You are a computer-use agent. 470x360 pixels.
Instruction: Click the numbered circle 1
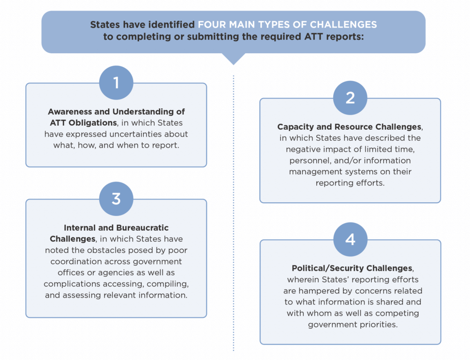pos(116,83)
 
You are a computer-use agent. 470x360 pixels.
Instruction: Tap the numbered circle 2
pos(350,98)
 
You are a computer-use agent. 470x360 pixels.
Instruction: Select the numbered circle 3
pos(116,199)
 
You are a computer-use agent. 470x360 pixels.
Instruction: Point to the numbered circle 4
pos(350,239)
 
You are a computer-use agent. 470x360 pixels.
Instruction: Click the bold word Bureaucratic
pos(142,228)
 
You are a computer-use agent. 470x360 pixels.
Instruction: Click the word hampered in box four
pos(319,291)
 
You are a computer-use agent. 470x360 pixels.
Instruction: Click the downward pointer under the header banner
pos(233,59)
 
